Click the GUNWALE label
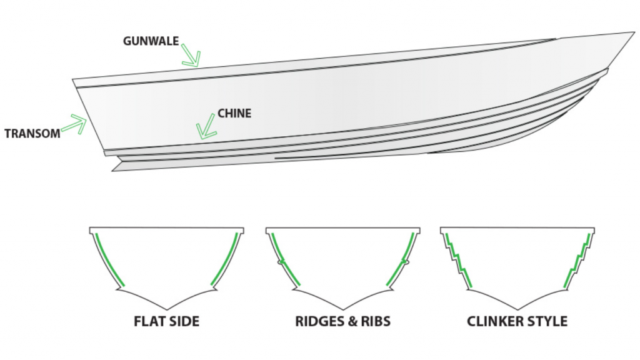click(151, 42)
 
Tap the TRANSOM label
click(32, 133)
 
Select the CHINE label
click(234, 114)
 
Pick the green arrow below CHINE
click(206, 128)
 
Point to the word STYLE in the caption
click(548, 322)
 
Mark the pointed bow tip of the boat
click(632, 33)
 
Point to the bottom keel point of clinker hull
click(517, 309)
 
